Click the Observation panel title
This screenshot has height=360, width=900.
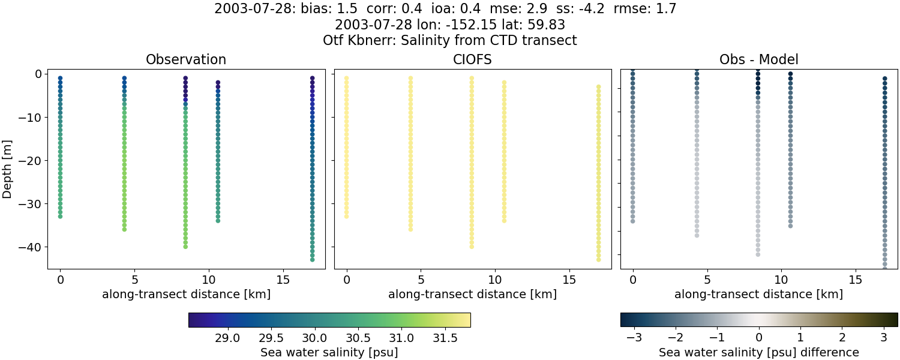(186, 60)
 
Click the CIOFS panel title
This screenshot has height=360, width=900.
(472, 60)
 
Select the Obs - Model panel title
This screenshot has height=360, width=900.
(758, 60)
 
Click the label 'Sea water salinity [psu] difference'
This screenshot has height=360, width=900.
(758, 353)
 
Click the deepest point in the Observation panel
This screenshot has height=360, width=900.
(312, 260)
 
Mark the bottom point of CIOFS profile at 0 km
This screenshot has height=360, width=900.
(346, 216)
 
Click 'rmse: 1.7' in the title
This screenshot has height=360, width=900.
(645, 9)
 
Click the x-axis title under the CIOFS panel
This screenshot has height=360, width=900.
(472, 295)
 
